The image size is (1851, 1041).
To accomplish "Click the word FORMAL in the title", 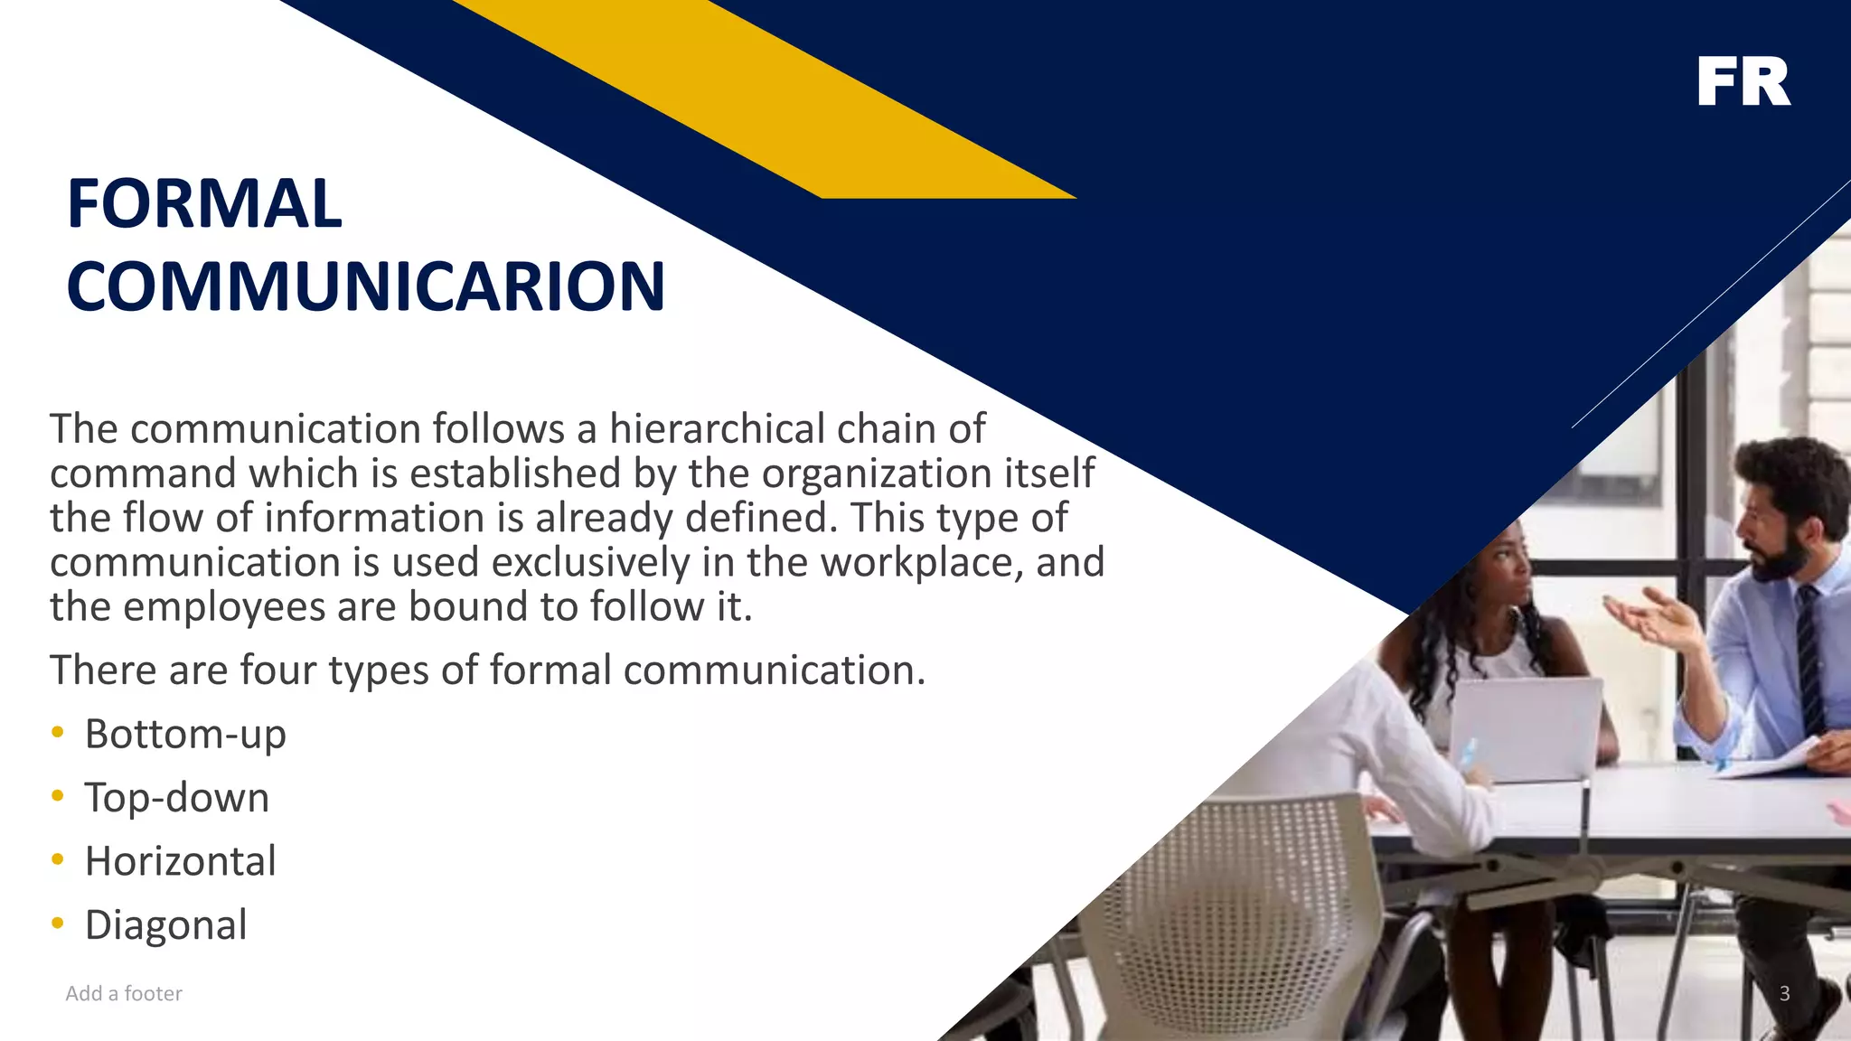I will pyautogui.click(x=204, y=204).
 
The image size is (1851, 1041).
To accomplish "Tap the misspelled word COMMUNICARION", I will pyautogui.click(x=366, y=286).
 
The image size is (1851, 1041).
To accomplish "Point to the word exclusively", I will pyautogui.click(x=591, y=562).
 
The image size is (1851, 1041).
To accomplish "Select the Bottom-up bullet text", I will pyautogui.click(x=185, y=734).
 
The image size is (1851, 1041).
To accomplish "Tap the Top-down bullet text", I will pyautogui.click(x=177, y=798).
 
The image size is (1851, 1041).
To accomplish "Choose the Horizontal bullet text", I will pyautogui.click(x=181, y=861).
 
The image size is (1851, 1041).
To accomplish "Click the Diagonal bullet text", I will pyautogui.click(x=166, y=925).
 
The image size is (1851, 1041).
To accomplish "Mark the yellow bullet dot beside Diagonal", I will pyautogui.click(x=58, y=924).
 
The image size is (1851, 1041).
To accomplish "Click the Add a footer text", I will pyautogui.click(x=124, y=994).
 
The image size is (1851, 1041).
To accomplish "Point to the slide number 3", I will pyautogui.click(x=1784, y=994).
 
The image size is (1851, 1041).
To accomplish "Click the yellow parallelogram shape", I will pyautogui.click(x=777, y=99).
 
